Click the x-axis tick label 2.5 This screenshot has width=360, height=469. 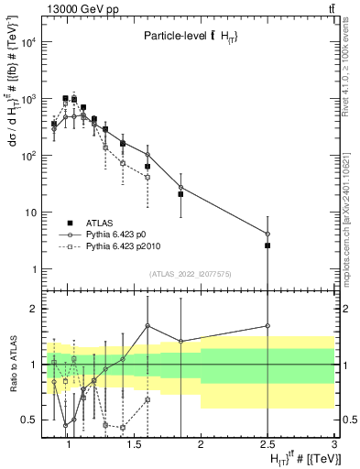[267, 444]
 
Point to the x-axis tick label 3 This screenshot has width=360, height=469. [333, 444]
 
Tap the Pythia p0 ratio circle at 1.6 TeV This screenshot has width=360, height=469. [147, 325]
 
